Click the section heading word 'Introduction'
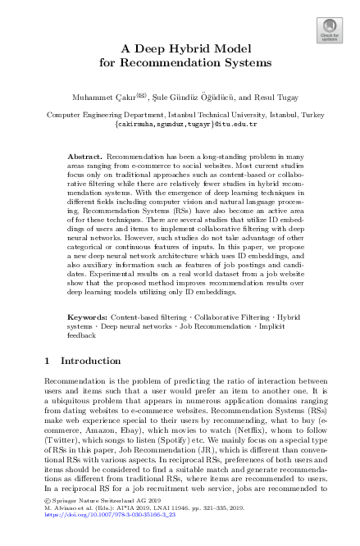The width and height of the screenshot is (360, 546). tap(98, 360)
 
